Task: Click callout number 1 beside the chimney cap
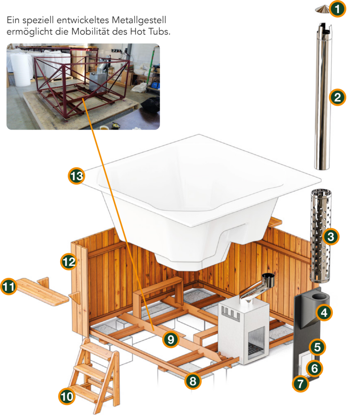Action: (337, 9)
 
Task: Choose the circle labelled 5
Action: (317, 347)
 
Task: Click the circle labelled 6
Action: (315, 368)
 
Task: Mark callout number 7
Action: (300, 385)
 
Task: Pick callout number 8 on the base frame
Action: (193, 381)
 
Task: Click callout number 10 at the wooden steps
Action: (67, 396)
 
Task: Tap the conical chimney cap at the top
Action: (322, 9)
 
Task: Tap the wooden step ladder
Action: (94, 373)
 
